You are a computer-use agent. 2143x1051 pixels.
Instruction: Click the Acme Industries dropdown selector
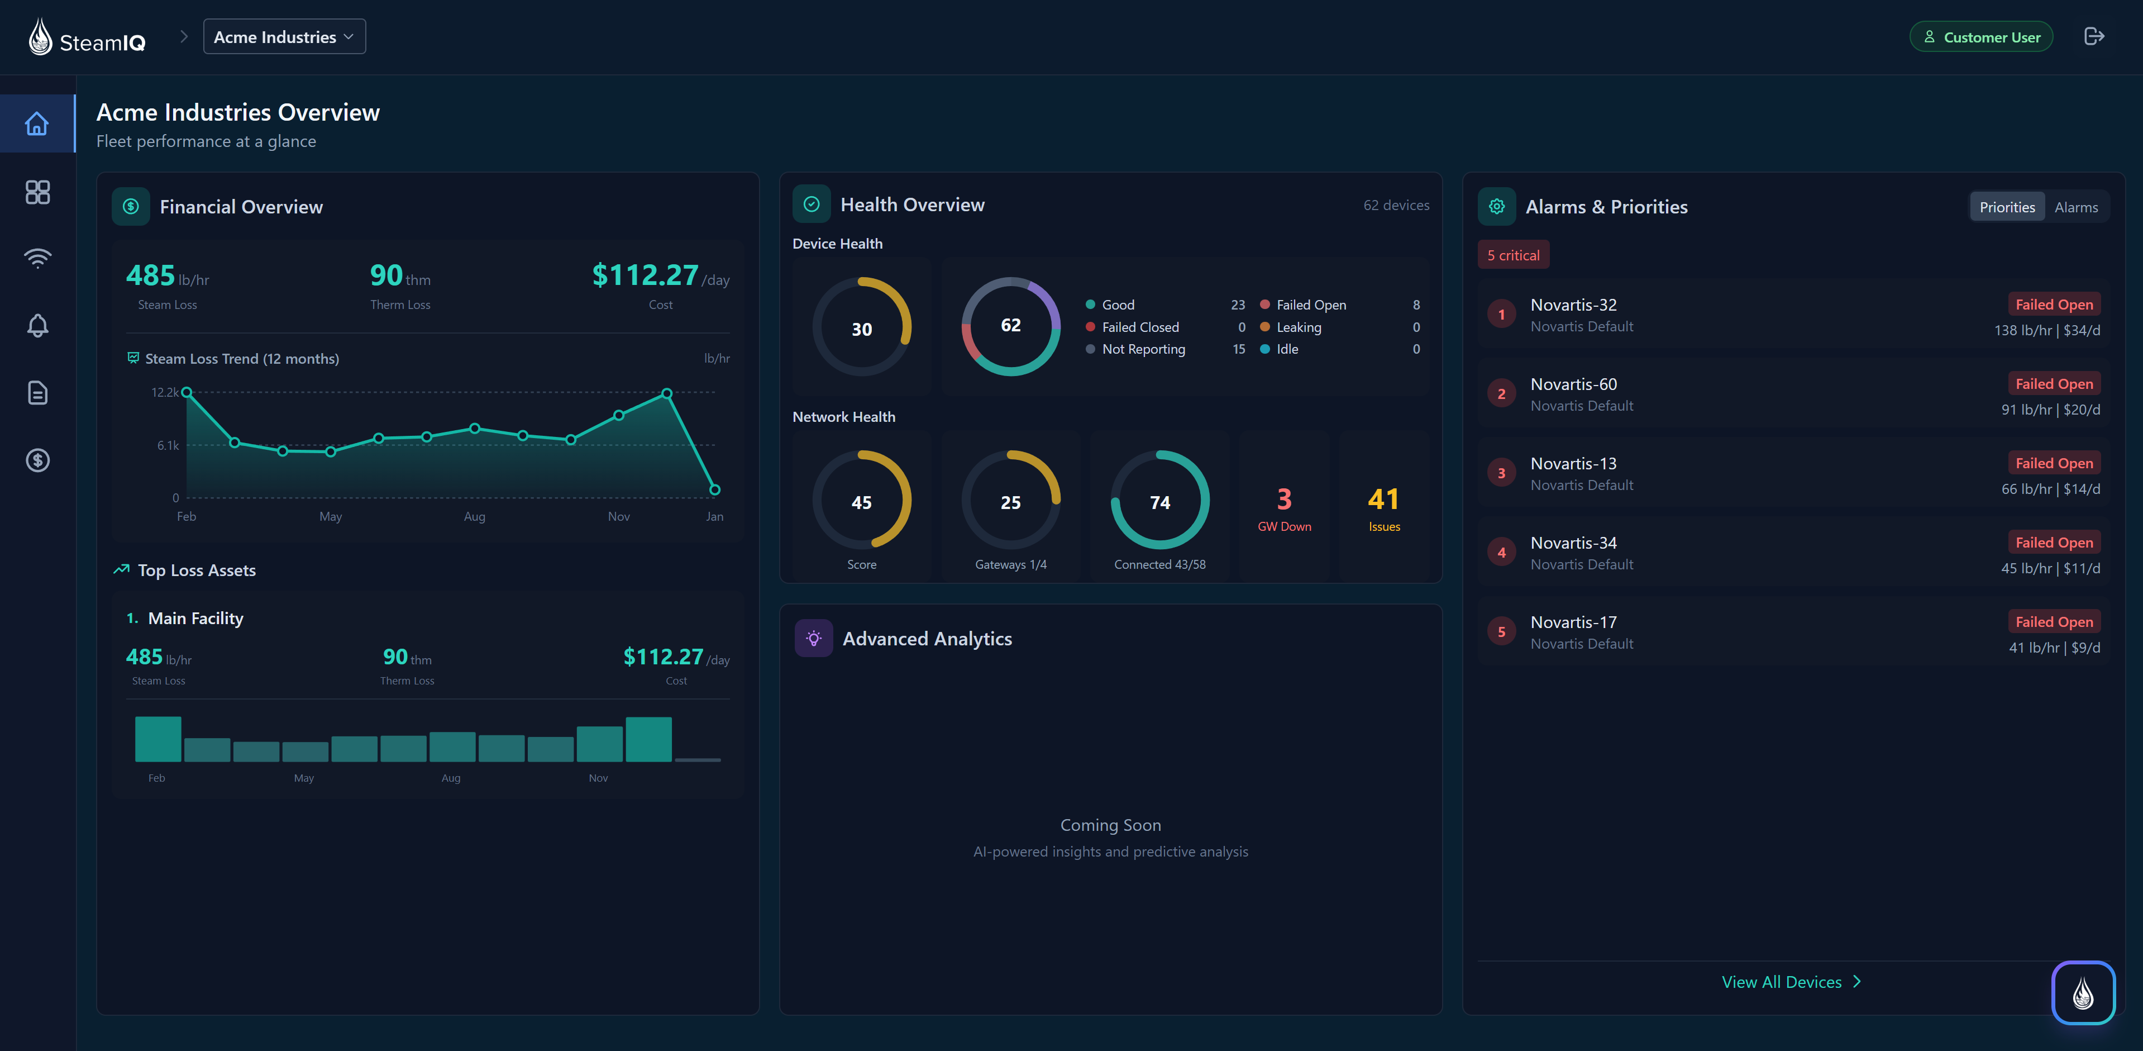point(284,37)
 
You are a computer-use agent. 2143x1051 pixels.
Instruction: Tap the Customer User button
point(1981,37)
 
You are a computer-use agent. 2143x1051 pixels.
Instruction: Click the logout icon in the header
point(2093,37)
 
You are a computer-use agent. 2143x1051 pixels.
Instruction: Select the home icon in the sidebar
point(37,124)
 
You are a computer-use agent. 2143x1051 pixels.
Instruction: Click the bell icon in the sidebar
point(37,325)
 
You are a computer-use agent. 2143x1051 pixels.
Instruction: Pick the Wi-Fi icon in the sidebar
point(37,258)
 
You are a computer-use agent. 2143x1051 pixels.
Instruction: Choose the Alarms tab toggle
point(2075,207)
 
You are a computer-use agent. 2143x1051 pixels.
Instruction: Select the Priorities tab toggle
point(2007,207)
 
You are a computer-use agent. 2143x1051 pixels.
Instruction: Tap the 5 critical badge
point(1512,255)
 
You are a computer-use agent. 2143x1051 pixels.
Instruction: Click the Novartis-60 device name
point(1573,384)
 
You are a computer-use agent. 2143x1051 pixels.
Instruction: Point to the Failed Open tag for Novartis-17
point(2053,622)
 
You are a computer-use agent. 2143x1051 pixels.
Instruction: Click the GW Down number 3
point(1283,500)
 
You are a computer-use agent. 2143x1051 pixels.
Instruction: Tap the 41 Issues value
point(1383,500)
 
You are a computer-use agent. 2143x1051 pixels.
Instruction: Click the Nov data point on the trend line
point(619,415)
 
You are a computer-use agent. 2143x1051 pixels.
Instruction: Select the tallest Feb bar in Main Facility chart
point(158,739)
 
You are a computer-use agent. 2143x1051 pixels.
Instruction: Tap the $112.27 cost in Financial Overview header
point(645,275)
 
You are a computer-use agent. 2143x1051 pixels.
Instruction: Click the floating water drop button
point(2082,993)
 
